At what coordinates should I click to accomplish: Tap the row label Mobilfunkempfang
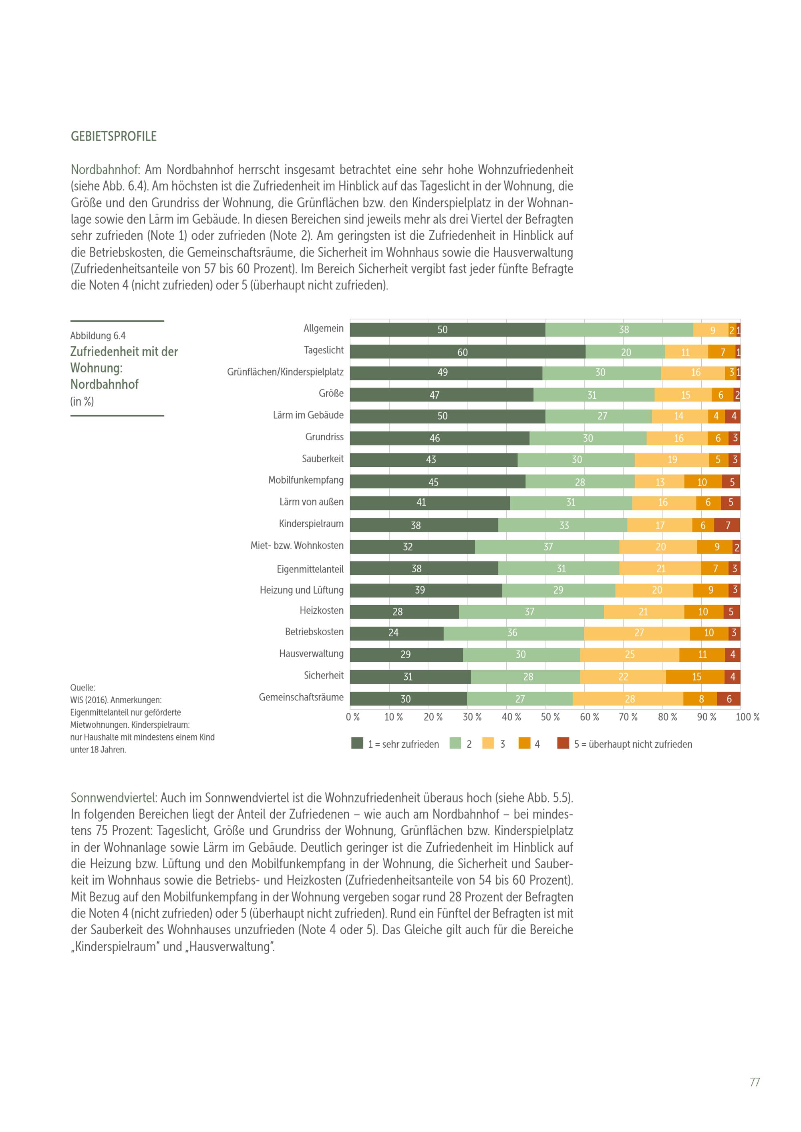click(306, 480)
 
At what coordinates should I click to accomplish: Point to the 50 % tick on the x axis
click(550, 717)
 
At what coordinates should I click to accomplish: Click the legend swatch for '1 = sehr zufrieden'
click(357, 743)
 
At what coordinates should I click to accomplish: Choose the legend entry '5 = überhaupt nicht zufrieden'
click(632, 744)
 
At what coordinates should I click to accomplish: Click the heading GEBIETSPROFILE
click(113, 136)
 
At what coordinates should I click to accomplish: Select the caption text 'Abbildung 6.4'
click(98, 336)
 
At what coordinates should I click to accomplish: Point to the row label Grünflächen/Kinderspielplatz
click(285, 372)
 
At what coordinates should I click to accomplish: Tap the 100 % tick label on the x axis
click(747, 717)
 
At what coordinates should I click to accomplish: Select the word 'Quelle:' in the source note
click(83, 687)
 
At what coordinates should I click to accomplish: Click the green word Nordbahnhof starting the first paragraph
click(104, 170)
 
